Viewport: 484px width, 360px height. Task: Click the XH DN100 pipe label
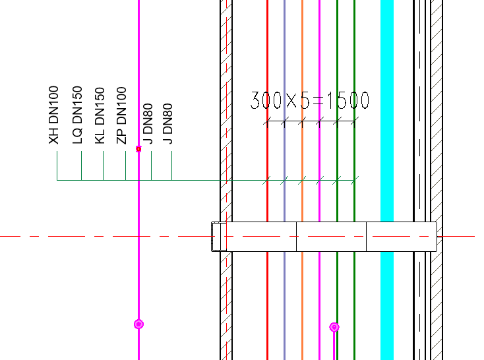pyautogui.click(x=53, y=115)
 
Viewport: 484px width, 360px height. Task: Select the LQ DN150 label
pyautogui.click(x=77, y=115)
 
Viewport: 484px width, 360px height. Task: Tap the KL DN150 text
pyautogui.click(x=100, y=115)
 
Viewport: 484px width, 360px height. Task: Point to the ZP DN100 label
pyautogui.click(x=121, y=115)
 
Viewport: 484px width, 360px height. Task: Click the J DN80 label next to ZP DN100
pyautogui.click(x=148, y=123)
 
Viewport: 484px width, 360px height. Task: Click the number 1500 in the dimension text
pyautogui.click(x=348, y=100)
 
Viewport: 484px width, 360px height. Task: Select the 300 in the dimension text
pyautogui.click(x=266, y=100)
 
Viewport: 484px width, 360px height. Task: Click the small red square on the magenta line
pyautogui.click(x=138, y=149)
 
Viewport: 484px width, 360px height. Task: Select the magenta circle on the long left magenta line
pyautogui.click(x=138, y=324)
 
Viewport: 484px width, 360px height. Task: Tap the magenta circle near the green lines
pyautogui.click(x=334, y=327)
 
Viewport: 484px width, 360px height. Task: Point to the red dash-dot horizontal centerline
pyautogui.click(x=99, y=236)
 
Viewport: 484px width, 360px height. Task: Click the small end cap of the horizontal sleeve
pyautogui.click(x=219, y=236)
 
